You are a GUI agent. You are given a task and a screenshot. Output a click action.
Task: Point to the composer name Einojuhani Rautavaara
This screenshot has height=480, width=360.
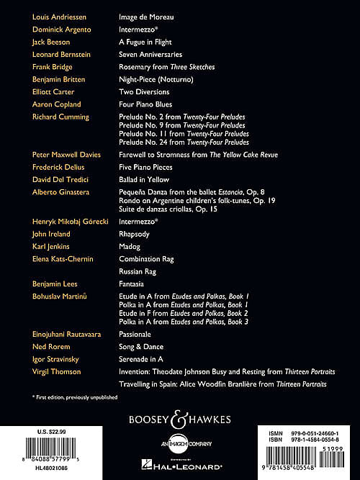[x=70, y=335]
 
